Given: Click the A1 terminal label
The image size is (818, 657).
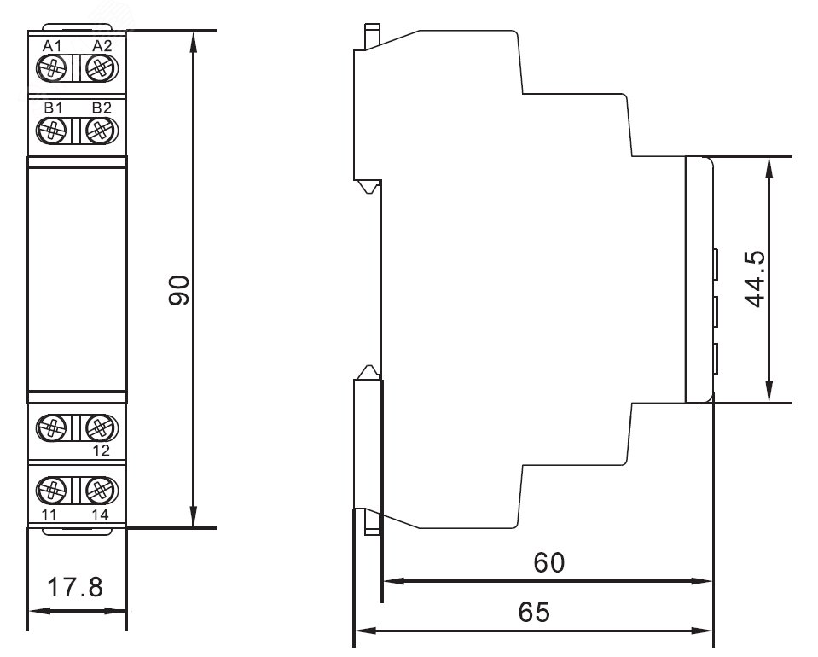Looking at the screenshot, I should coord(51,45).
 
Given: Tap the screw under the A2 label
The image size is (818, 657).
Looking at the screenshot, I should coord(102,67).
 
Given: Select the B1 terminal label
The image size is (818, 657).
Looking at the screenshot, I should coord(51,108).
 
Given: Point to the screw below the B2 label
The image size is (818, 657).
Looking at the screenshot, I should coord(102,130).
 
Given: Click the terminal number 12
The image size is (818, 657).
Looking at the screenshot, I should coord(101,451).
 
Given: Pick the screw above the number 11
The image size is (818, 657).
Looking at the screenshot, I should coord(52,491).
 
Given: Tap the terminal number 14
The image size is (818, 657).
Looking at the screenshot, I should coord(101,515).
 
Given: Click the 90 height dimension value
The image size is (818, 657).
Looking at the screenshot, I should coord(178,291).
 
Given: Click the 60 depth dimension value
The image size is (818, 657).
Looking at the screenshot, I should coord(548,562).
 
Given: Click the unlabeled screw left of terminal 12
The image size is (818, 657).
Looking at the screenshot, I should coord(52,427).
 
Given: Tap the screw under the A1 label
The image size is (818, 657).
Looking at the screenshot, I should coord(52,67).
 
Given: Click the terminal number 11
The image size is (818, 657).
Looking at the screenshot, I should coord(49,515).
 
